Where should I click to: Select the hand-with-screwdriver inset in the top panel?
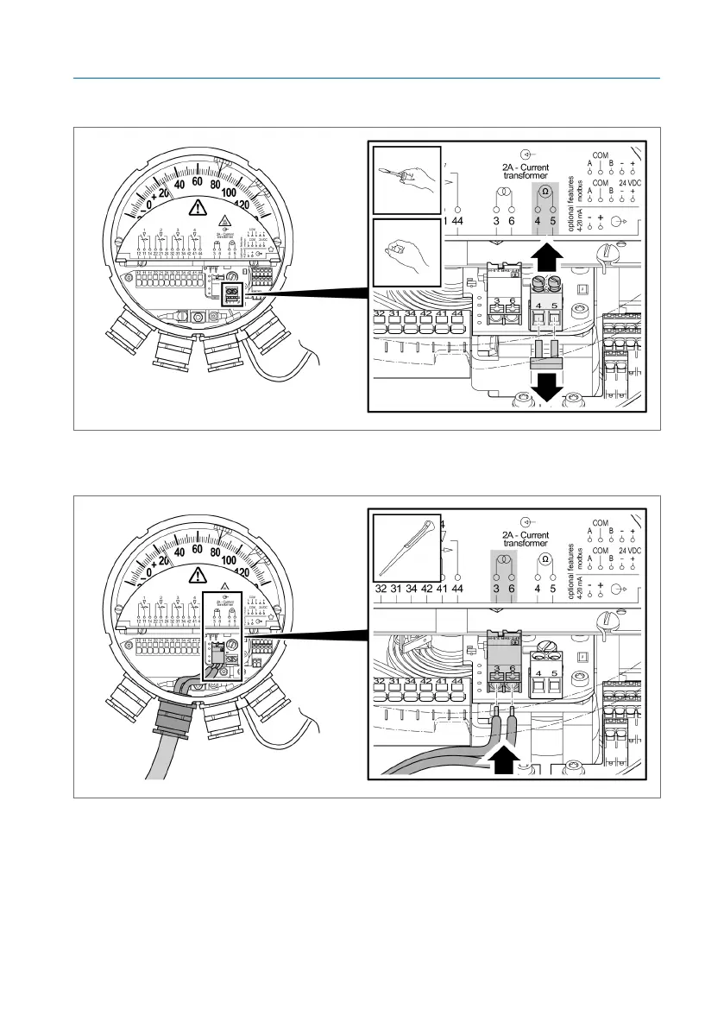pyautogui.click(x=406, y=180)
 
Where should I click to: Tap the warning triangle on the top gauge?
pyautogui.click(x=199, y=207)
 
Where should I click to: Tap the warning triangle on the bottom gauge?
pyautogui.click(x=199, y=576)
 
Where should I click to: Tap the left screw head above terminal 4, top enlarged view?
pyautogui.click(x=539, y=282)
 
